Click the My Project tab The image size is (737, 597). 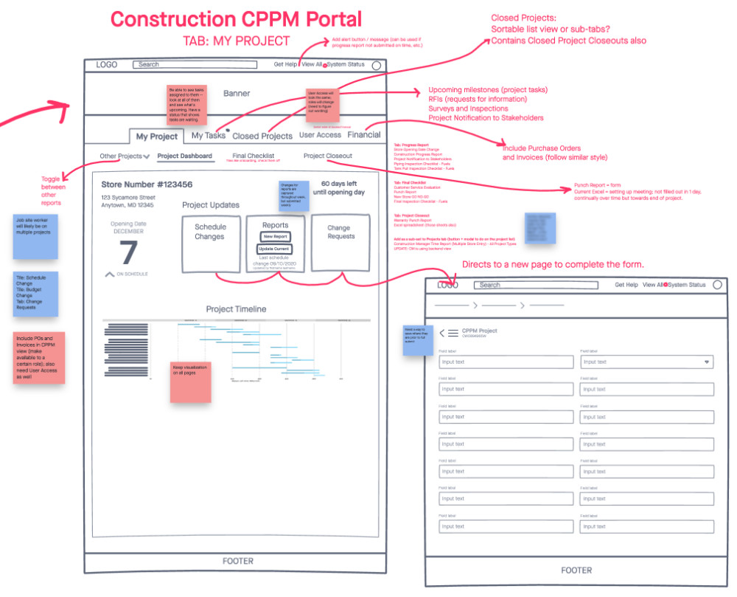pos(156,137)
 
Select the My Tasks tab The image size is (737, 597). pos(209,136)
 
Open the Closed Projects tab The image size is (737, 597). pos(262,136)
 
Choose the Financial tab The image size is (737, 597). pos(364,135)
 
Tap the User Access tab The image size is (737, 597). pos(320,135)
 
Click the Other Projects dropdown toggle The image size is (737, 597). pos(125,156)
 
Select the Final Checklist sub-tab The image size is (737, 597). pos(253,156)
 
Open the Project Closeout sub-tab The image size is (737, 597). pos(328,156)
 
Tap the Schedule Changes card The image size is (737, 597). pos(210,243)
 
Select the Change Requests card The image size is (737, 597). pos(340,243)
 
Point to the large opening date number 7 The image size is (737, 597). pos(128,252)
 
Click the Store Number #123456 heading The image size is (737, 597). pos(147,184)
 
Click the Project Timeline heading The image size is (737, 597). pos(236,309)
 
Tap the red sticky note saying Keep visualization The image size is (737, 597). pos(190,382)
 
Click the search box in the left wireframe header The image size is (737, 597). pos(195,65)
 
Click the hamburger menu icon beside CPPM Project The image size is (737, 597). pos(453,333)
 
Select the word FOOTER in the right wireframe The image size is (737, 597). pos(576,570)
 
